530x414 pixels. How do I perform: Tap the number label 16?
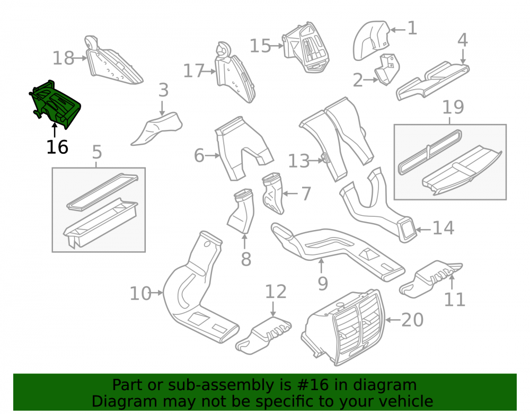click(57, 147)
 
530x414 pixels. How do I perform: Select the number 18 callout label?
click(64, 58)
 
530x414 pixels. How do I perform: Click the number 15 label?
click(260, 46)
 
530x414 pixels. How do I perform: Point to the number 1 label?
click(412, 28)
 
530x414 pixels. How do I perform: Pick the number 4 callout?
click(463, 40)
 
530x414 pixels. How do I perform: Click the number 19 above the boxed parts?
click(453, 107)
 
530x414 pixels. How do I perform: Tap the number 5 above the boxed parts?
click(97, 152)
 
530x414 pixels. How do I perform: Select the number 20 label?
click(412, 320)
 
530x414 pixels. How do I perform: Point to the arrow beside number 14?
click(423, 230)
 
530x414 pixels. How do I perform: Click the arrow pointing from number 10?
click(157, 293)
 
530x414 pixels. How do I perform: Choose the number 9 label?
click(323, 283)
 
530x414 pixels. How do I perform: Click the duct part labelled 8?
click(240, 211)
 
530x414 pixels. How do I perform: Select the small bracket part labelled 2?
click(387, 69)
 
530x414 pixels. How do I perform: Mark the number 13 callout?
click(299, 161)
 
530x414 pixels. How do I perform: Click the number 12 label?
click(276, 292)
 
